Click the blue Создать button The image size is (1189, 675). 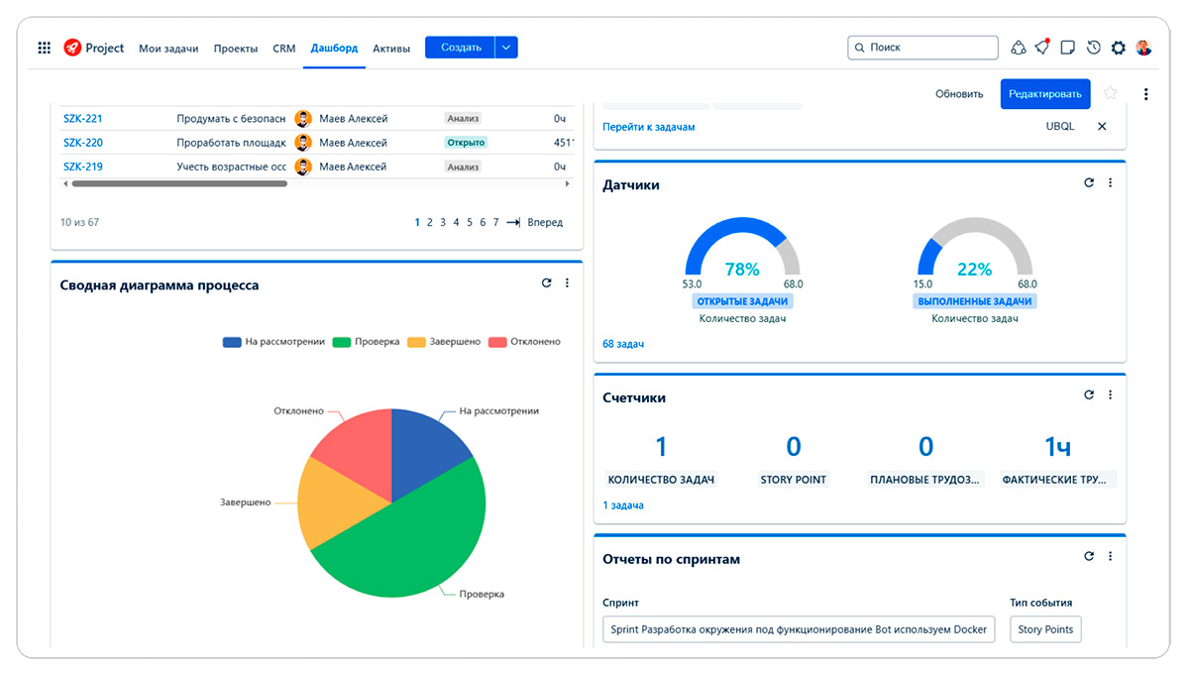tap(461, 48)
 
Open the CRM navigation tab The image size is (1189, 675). tap(284, 49)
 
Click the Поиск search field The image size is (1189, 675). tap(922, 48)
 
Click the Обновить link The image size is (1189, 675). tap(959, 94)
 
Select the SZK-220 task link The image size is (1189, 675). tap(83, 143)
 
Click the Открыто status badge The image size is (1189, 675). tap(466, 143)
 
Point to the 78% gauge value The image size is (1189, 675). tap(742, 270)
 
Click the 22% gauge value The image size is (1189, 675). tap(974, 270)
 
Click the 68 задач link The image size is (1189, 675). tap(623, 344)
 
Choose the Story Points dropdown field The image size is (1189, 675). tap(1045, 629)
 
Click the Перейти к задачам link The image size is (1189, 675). tap(649, 127)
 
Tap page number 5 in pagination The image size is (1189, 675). tap(470, 223)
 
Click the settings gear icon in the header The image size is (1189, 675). tap(1119, 48)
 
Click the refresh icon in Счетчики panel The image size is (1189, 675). tap(1089, 395)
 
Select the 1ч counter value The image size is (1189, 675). tap(1057, 447)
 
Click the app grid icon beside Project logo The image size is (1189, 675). tap(45, 48)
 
